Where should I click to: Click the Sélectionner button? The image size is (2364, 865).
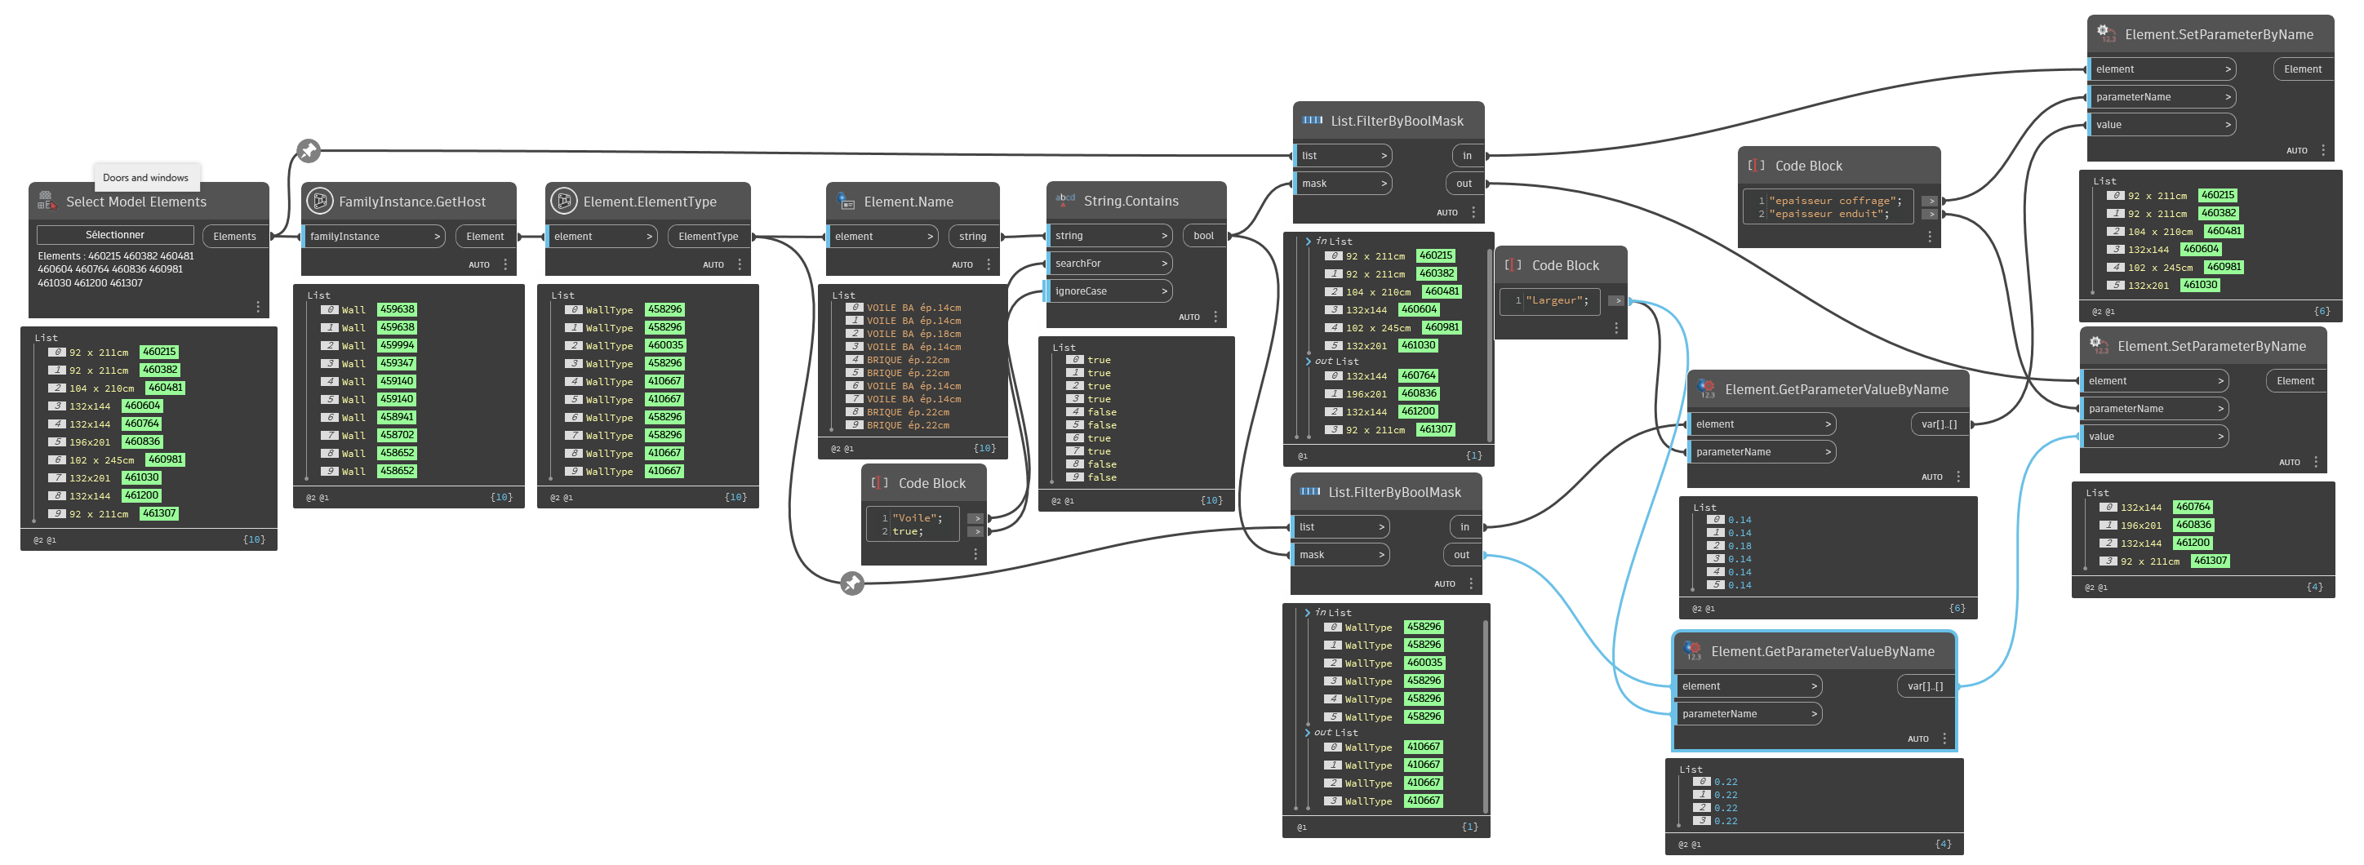click(115, 235)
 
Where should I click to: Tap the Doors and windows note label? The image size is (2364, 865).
click(145, 177)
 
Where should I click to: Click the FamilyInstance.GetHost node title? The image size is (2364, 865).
click(412, 202)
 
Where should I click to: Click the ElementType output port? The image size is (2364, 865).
click(708, 237)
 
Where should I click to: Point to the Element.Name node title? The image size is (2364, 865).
click(908, 202)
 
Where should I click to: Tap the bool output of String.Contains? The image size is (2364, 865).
click(1203, 236)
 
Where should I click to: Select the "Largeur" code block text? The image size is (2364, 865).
click(1557, 300)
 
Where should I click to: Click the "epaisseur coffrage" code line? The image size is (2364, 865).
click(1834, 201)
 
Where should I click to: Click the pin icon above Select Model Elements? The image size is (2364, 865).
click(309, 150)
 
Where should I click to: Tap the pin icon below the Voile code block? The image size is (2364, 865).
click(851, 583)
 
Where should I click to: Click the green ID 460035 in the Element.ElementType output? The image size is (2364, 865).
click(665, 345)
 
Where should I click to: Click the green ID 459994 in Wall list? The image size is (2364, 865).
click(397, 345)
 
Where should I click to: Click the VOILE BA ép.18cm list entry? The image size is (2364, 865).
click(913, 334)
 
